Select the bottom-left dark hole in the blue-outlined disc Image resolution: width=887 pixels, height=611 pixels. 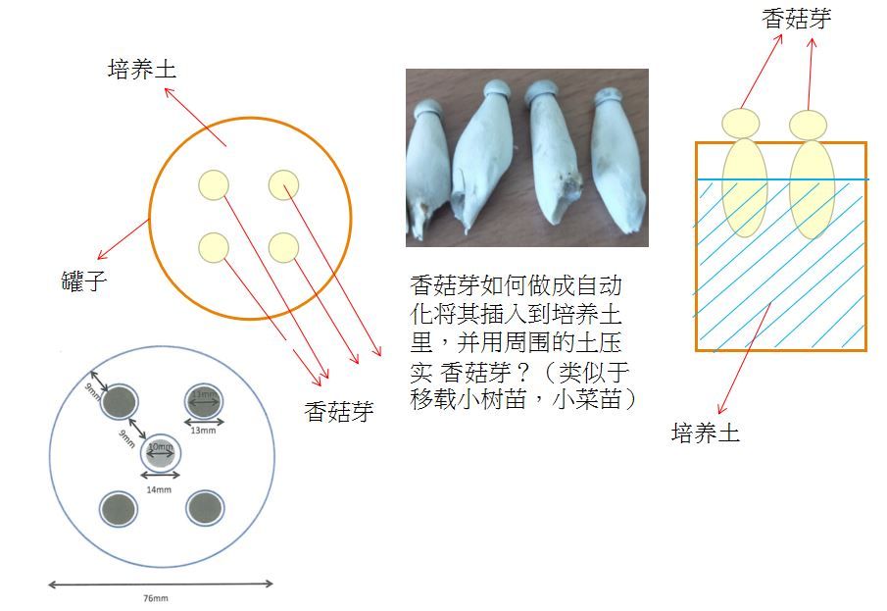tap(119, 506)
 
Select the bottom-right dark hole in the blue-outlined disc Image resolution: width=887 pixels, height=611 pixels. tap(205, 506)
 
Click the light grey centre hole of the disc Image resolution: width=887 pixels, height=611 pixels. tap(160, 454)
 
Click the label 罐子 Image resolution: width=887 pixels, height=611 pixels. tap(82, 282)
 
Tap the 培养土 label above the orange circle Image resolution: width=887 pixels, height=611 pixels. tap(142, 71)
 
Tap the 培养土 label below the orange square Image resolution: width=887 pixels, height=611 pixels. tap(706, 433)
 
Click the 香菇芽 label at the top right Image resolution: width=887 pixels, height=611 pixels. tap(797, 19)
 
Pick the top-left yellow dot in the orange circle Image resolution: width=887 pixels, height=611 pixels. tap(213, 184)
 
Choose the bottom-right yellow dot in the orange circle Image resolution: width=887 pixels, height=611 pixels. tap(283, 247)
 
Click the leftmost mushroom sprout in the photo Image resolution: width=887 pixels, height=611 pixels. tap(428, 172)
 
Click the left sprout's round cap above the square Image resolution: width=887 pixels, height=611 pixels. tap(741, 124)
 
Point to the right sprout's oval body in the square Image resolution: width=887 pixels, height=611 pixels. tap(812, 188)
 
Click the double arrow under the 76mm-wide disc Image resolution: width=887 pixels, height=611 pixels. tap(161, 585)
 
